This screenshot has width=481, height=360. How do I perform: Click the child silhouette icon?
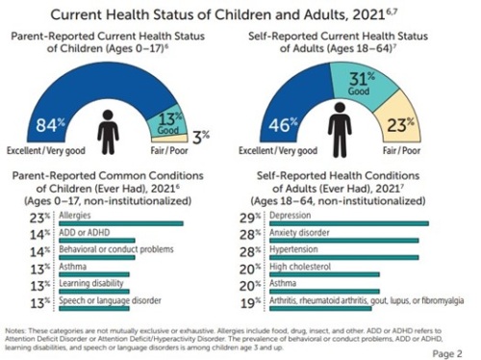tap(109, 134)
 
